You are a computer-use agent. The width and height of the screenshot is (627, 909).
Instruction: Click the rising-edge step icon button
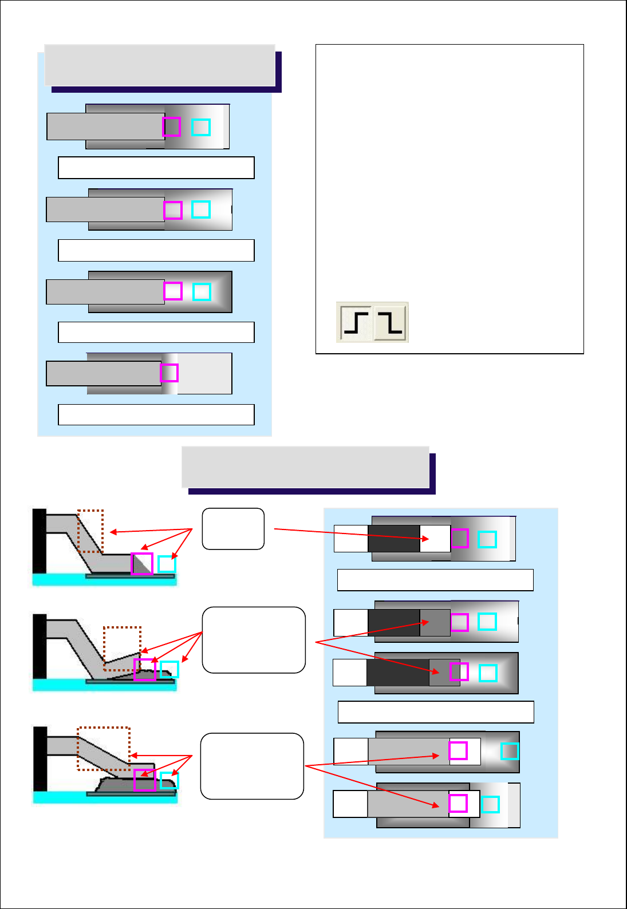point(356,322)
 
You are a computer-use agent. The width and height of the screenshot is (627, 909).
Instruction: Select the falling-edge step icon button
point(391,322)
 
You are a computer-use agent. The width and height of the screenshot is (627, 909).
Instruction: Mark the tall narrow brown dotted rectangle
point(90,531)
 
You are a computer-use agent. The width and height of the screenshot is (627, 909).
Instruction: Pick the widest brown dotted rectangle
point(104,749)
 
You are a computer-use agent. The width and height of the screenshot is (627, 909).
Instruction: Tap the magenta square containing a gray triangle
point(142,564)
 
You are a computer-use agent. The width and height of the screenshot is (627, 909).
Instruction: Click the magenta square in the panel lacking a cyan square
point(169,373)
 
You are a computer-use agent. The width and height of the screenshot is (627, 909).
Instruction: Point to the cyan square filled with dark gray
point(510,751)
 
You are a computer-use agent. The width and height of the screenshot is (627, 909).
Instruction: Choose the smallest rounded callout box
point(233,529)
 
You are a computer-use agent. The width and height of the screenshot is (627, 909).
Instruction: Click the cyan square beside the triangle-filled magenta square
point(167,564)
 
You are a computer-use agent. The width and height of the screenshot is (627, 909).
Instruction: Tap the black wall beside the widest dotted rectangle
point(40,759)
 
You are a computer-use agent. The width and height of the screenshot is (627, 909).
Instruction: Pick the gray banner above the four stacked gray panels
point(160,65)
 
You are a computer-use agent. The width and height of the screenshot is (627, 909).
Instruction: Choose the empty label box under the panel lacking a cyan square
point(156,414)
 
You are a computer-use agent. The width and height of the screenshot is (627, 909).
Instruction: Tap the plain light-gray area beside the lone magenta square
point(204,373)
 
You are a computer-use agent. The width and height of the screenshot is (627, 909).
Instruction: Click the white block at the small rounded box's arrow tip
point(435,539)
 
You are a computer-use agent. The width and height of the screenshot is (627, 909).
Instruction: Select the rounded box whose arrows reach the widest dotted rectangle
point(252,766)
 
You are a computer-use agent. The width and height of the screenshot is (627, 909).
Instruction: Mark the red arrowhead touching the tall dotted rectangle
point(113,532)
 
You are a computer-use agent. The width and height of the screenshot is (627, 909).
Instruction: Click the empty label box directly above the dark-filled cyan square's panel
point(436,712)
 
